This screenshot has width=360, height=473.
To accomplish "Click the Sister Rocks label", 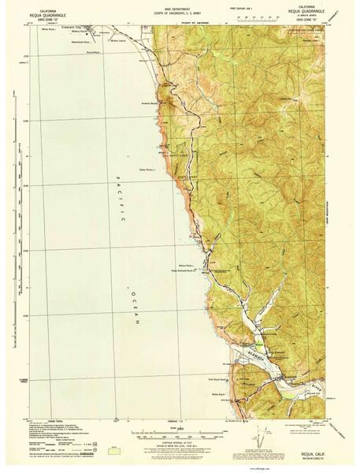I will pos(148,169).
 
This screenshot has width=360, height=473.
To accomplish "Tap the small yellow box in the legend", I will pos(40,453).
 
